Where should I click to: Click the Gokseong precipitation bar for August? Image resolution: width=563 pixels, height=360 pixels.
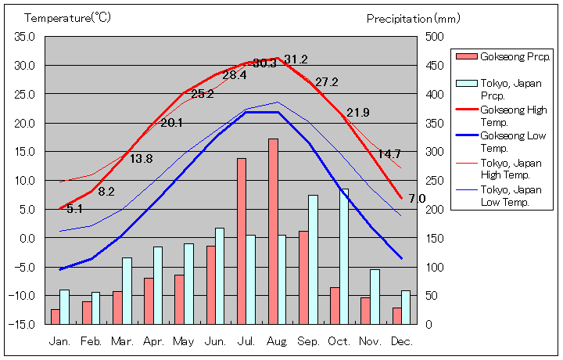click(x=273, y=231)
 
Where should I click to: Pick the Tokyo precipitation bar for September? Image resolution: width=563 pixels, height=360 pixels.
click(x=313, y=259)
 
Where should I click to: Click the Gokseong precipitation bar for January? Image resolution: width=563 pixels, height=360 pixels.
click(x=56, y=316)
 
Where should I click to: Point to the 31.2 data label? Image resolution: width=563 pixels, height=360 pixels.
click(x=296, y=59)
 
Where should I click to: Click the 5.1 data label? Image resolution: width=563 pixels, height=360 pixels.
click(x=74, y=209)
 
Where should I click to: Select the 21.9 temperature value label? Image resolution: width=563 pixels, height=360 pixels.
click(x=358, y=112)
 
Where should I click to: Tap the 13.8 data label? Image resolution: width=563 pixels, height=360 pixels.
click(x=141, y=159)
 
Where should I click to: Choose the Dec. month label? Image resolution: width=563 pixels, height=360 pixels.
click(x=401, y=341)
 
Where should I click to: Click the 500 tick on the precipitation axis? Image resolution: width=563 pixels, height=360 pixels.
click(x=435, y=36)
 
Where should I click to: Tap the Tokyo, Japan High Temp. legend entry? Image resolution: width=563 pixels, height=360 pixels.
click(x=513, y=168)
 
